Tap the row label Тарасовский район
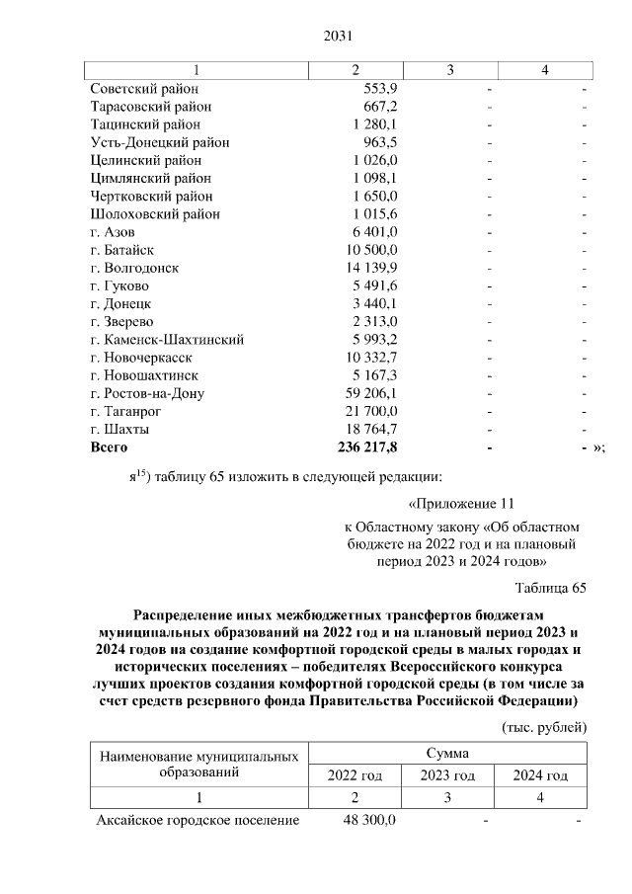click(150, 107)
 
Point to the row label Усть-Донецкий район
click(160, 142)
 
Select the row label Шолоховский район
click(155, 214)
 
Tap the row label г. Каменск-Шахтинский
click(167, 340)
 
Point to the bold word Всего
click(110, 447)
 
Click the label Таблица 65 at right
click(550, 589)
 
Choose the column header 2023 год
click(447, 775)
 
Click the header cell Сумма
click(447, 753)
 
